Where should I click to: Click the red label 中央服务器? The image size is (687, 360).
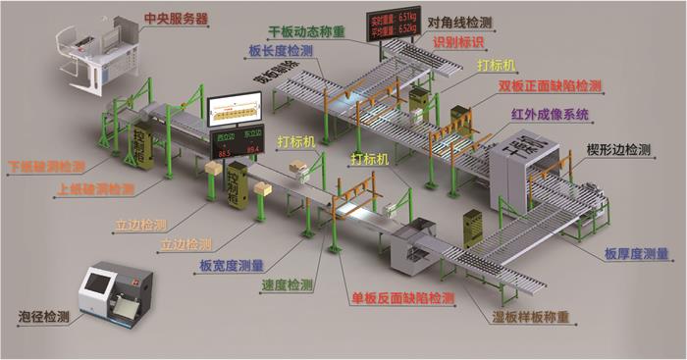[x=176, y=19]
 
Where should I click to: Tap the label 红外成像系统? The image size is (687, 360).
[x=550, y=115]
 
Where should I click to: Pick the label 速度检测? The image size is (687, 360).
[x=287, y=286]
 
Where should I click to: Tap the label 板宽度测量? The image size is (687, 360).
[x=231, y=265]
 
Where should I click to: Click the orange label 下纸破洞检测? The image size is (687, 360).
[x=45, y=167]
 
